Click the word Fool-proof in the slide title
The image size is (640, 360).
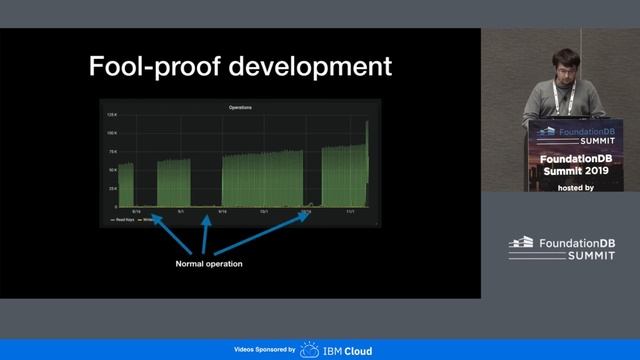point(149,67)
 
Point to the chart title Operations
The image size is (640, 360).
point(240,107)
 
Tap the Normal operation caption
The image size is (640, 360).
point(209,264)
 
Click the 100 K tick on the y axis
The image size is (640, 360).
point(112,134)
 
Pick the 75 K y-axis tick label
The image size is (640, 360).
point(112,152)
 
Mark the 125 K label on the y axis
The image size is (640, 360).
point(112,116)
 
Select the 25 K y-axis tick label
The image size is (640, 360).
point(112,188)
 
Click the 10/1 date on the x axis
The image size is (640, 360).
point(265,211)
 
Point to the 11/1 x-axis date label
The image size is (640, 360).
point(351,211)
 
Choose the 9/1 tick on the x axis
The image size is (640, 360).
point(180,211)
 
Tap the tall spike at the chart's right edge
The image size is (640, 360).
point(367,160)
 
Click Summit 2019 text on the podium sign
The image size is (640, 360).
point(579,172)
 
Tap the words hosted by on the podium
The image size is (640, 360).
point(578,187)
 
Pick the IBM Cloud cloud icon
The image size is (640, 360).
point(310,350)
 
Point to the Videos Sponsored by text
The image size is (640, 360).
point(264,351)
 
